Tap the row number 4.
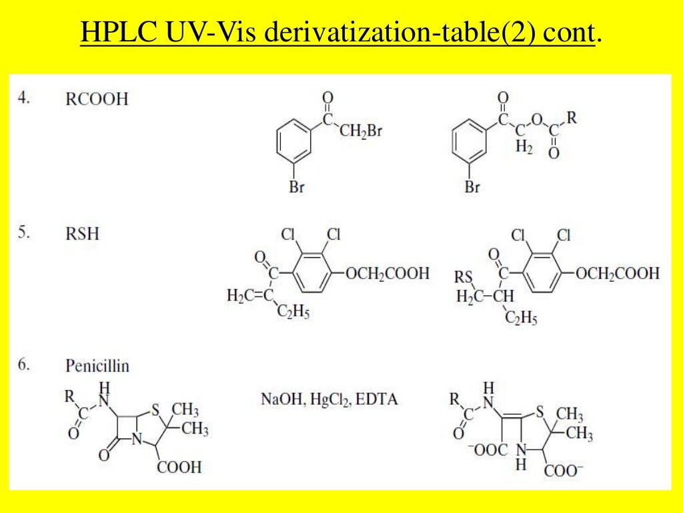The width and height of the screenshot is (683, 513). click(x=24, y=98)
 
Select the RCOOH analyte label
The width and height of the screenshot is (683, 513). click(x=97, y=100)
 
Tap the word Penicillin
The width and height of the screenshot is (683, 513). click(x=97, y=366)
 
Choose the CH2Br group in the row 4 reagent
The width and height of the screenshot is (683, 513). click(x=361, y=131)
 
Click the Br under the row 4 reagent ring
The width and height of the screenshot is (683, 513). click(x=297, y=188)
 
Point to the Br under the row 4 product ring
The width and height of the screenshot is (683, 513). click(x=472, y=188)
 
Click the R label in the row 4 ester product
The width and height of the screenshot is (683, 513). click(x=572, y=118)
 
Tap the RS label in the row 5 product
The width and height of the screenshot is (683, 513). click(x=463, y=277)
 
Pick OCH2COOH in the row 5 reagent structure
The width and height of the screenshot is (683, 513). click(x=387, y=274)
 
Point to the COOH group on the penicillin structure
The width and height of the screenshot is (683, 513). click(x=179, y=466)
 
